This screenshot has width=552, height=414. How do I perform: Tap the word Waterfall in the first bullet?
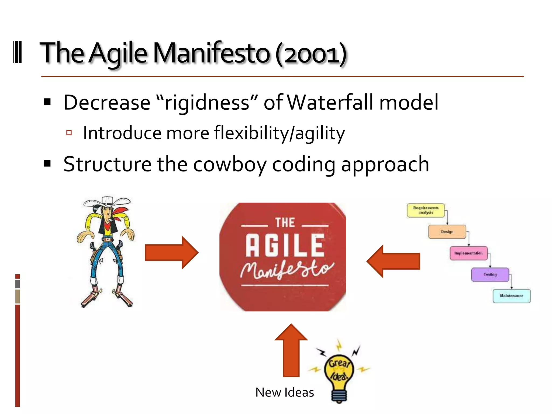coord(330,102)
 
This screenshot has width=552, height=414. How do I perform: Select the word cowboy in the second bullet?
coord(230,164)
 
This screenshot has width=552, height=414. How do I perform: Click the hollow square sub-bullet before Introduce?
coord(69,133)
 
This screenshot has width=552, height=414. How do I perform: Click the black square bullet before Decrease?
coord(47,102)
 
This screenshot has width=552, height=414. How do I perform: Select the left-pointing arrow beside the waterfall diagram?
coord(394,261)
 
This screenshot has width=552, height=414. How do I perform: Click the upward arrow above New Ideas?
coord(291,350)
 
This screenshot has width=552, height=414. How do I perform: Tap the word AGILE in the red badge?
coord(285,245)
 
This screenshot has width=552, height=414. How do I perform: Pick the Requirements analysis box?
coord(426,210)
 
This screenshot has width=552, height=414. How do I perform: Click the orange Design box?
coord(447,232)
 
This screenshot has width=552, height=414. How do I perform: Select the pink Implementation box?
coord(468,253)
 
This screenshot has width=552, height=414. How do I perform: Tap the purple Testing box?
coord(490,274)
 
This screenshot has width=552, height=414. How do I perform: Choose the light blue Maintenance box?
coord(511,296)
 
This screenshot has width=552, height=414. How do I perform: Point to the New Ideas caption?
coord(285,392)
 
